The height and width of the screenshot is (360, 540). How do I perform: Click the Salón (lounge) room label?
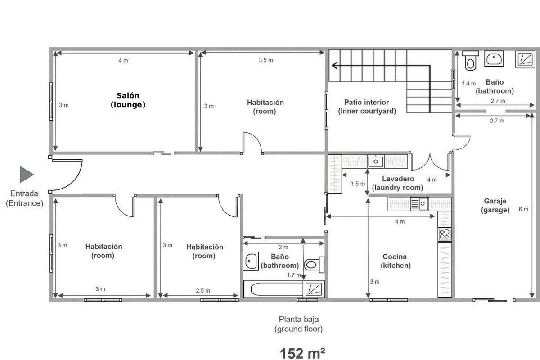point(128,100)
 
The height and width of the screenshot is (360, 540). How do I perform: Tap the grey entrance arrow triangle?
point(26,174)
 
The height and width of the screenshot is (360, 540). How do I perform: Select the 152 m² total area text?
point(302,354)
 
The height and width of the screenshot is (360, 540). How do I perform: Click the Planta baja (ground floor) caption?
point(299,324)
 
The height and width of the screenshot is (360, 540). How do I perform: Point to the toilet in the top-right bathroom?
point(470,60)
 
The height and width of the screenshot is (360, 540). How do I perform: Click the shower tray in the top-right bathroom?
point(525,59)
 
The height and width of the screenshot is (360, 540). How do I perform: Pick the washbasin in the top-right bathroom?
point(494,58)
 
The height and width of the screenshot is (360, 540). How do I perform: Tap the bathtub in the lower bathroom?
point(273,289)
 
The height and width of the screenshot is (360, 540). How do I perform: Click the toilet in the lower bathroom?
point(315,265)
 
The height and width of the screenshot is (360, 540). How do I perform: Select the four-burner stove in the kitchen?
point(445,234)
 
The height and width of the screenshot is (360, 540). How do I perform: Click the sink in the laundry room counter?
point(376,162)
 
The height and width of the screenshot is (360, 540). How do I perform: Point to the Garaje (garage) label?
point(495,206)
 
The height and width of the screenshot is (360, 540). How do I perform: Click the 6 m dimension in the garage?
point(523,209)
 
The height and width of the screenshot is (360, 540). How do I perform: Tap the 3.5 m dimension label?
point(266,60)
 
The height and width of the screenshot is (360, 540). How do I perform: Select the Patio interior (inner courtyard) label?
point(367,107)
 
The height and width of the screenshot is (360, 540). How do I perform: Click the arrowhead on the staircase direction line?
point(335,65)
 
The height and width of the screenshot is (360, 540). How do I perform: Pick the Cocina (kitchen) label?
point(396,261)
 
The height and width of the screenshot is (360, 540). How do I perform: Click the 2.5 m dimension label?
point(203,291)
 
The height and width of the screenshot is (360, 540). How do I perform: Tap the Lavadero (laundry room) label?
point(397,183)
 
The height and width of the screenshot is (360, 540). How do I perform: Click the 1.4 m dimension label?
point(468,84)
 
